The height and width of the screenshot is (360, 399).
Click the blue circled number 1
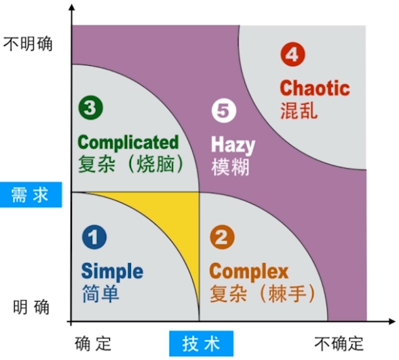[x=94, y=237]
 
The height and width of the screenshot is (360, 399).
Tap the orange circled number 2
[x=222, y=237]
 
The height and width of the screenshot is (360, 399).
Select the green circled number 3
[x=91, y=107]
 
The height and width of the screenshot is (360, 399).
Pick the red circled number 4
[x=292, y=54]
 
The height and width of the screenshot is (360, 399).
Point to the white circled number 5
[x=224, y=111]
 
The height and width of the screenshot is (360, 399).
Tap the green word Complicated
[x=128, y=143]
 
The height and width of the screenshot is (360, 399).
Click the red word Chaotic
[x=315, y=88]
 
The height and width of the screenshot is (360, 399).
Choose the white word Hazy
[x=233, y=145]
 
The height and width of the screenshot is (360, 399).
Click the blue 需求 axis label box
[x=31, y=195]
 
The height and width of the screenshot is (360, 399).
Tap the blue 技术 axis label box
[x=202, y=344]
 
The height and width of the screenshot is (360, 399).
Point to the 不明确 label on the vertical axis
[x=28, y=44]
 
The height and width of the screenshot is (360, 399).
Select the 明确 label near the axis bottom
[x=31, y=307]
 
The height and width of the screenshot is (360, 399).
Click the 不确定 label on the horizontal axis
[x=339, y=344]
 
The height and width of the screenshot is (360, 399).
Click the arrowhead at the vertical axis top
[x=72, y=7]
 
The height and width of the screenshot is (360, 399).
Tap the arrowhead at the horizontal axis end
[x=392, y=321]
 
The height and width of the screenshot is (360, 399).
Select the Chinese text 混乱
[x=299, y=111]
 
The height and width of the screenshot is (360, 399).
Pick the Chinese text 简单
[x=100, y=293]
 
